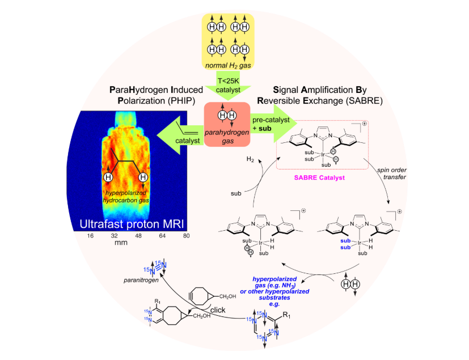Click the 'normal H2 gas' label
point(229,66)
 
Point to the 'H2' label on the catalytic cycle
point(250,160)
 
